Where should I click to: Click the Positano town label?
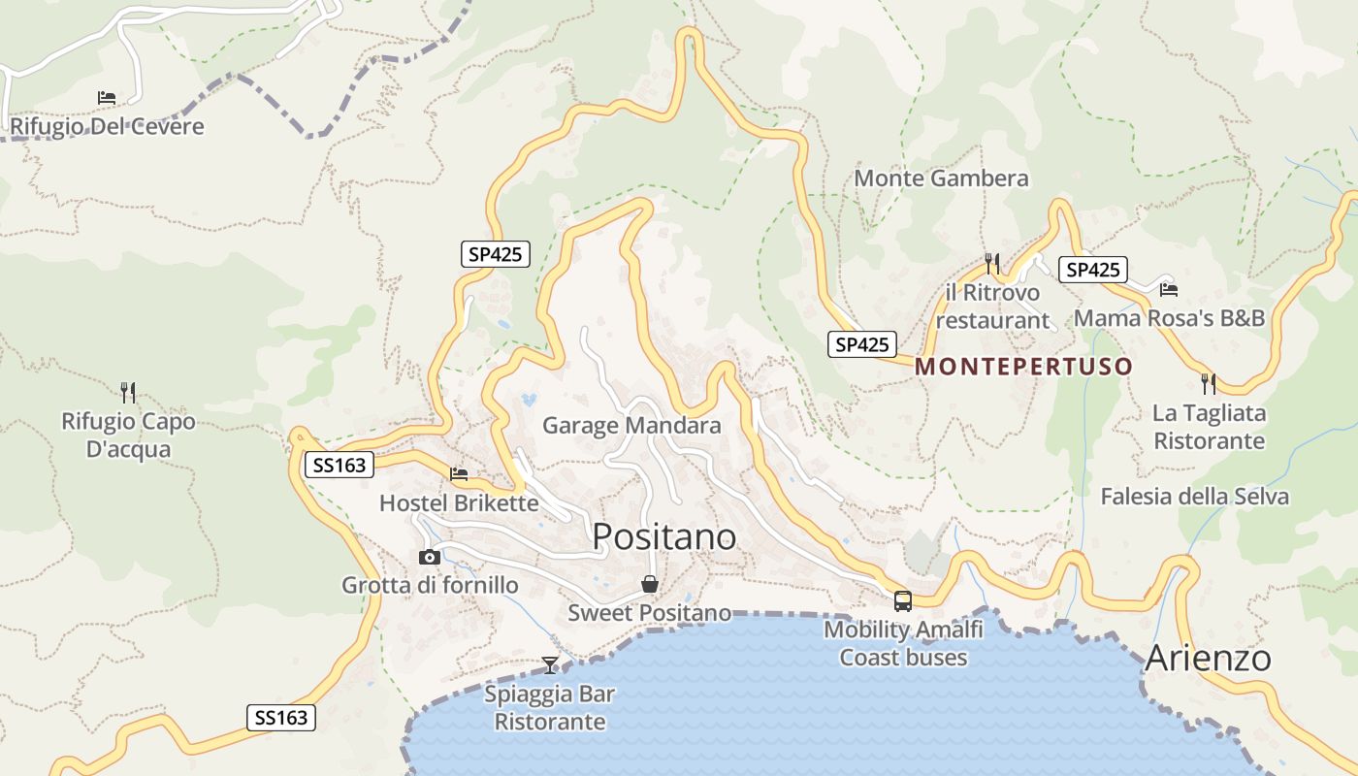click(x=663, y=536)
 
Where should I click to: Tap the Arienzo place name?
click(x=1208, y=658)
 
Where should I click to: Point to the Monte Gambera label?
click(x=941, y=178)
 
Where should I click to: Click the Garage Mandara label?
click(x=631, y=425)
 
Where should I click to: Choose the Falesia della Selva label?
click(x=1194, y=497)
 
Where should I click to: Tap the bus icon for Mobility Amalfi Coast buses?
click(x=902, y=600)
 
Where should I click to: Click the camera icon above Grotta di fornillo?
click(x=429, y=557)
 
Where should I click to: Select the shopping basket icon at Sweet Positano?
click(x=649, y=584)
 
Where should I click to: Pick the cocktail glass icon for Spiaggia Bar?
click(x=550, y=664)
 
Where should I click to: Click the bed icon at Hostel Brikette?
click(x=459, y=474)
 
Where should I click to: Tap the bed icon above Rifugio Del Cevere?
click(x=107, y=98)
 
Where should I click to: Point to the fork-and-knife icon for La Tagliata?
click(x=1209, y=384)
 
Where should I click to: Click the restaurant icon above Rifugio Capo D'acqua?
click(x=127, y=392)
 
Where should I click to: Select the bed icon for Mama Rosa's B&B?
click(x=1168, y=289)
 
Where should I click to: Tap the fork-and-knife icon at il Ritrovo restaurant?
click(x=991, y=263)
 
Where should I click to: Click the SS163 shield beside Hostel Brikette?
click(x=339, y=466)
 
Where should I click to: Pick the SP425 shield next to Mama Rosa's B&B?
click(x=1092, y=270)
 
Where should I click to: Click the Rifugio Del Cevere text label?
click(x=107, y=126)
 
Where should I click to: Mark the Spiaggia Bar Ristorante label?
click(x=550, y=708)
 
